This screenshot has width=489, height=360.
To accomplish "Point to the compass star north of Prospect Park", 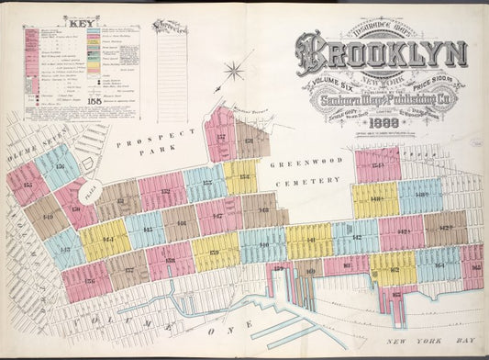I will click(236, 72).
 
